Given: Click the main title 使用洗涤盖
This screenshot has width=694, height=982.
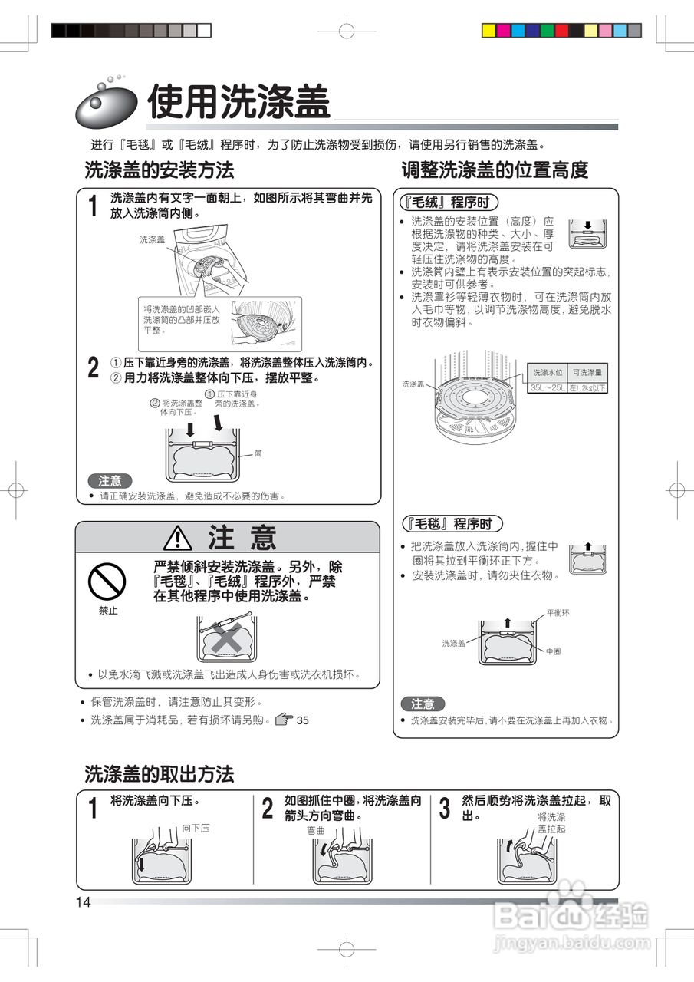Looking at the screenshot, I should coord(238,103).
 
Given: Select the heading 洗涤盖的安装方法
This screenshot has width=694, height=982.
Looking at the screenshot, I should coord(159,170).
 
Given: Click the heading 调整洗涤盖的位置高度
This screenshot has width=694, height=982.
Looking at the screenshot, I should coord(495,170).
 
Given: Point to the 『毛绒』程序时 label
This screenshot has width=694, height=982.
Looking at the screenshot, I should coord(450,202).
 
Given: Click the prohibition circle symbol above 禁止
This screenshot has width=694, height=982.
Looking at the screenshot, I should coord(107,580).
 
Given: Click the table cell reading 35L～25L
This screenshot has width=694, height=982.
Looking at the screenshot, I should coord(548,388).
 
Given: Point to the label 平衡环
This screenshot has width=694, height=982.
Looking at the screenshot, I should coord(558,613).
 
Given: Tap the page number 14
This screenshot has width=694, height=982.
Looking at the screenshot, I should coord(83,902).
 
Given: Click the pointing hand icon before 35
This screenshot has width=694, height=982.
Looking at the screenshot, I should coord(284,720).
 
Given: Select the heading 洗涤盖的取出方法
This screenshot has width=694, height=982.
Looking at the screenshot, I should coord(159,774).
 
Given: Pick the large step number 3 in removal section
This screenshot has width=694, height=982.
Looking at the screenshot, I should coord(445,809).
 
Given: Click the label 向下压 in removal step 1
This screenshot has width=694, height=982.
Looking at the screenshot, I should coord(196,829).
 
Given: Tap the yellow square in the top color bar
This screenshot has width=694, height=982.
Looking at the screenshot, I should coord(488,31).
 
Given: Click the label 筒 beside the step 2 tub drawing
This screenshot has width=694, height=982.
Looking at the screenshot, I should coord(258,453).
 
